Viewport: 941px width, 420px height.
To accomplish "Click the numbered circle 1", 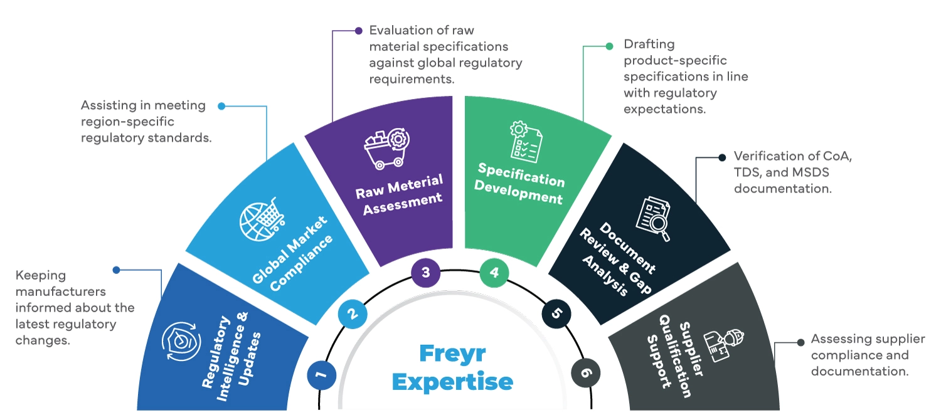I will [x=322, y=375].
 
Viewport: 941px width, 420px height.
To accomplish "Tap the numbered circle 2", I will [x=353, y=313].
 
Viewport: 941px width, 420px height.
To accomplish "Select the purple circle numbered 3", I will [x=426, y=273].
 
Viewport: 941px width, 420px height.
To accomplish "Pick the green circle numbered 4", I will [x=494, y=273].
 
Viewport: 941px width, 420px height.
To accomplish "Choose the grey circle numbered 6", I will [x=586, y=374].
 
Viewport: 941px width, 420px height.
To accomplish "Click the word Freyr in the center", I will [x=454, y=353].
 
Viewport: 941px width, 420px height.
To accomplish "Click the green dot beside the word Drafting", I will [x=609, y=46].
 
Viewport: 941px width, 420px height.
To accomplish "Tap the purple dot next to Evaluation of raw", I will [x=359, y=30].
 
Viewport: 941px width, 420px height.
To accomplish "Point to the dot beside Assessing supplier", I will [x=800, y=342].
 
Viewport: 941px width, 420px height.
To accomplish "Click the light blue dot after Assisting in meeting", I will [x=221, y=106].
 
